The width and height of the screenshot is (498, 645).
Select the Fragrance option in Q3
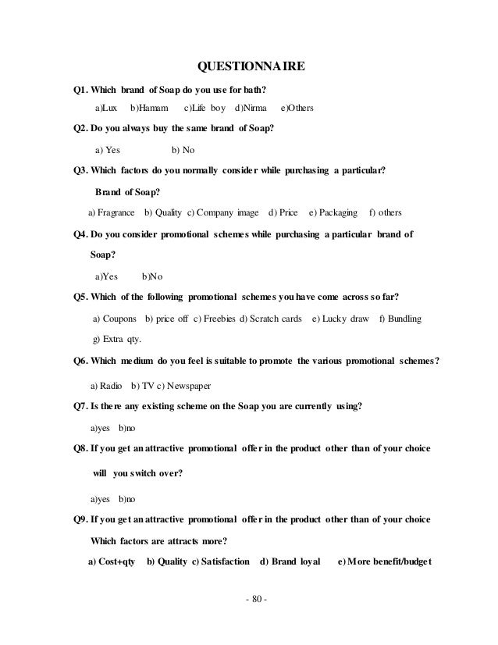coord(112,212)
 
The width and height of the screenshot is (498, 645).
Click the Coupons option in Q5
coord(116,319)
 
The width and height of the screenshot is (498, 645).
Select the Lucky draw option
coord(340,319)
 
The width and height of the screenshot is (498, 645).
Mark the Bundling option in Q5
coord(400,319)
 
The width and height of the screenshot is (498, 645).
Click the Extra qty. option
coord(118,340)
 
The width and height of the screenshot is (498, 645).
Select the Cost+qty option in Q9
coord(112,561)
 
